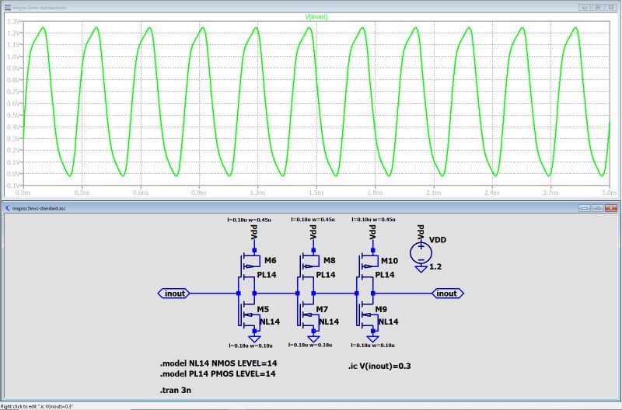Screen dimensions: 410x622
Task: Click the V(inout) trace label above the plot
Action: click(x=314, y=16)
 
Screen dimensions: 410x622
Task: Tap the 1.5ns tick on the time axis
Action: click(x=316, y=190)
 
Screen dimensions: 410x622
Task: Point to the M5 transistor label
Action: click(x=264, y=309)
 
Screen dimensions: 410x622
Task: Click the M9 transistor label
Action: click(x=383, y=309)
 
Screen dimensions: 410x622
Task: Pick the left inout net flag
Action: click(x=175, y=294)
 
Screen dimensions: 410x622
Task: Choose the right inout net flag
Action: click(x=446, y=294)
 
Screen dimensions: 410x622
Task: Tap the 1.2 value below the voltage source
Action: click(x=435, y=266)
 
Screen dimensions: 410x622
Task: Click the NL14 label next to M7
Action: click(x=328, y=321)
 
